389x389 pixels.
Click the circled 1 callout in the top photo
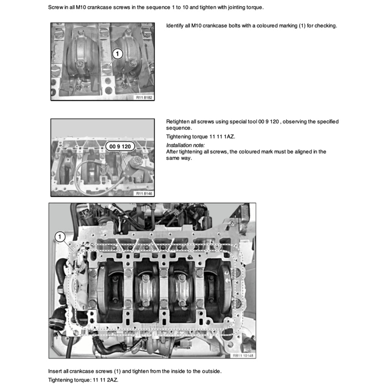[117, 54]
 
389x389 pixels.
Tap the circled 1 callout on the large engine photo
[60, 237]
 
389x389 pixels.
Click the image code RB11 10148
[243, 356]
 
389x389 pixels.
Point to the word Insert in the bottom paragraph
[55, 371]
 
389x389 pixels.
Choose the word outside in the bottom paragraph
[212, 371]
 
